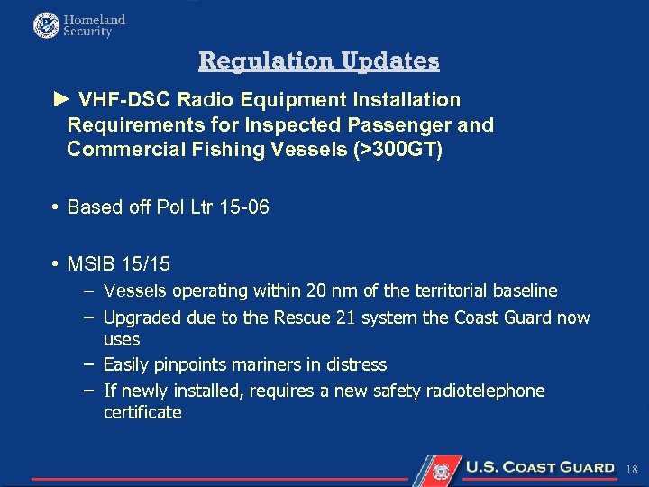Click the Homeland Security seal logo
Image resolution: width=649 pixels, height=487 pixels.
[x=46, y=25]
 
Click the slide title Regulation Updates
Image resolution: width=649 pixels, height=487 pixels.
[x=319, y=60]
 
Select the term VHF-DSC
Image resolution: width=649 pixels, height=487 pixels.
[x=125, y=100]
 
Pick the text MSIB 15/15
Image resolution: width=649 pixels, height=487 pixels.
[x=118, y=264]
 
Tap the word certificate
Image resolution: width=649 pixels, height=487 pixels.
[x=142, y=413]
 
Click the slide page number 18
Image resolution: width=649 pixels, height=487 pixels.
[x=632, y=469]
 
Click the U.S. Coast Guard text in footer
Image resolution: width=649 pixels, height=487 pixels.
[x=539, y=467]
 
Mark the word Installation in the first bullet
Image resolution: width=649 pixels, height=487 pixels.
[x=405, y=100]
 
